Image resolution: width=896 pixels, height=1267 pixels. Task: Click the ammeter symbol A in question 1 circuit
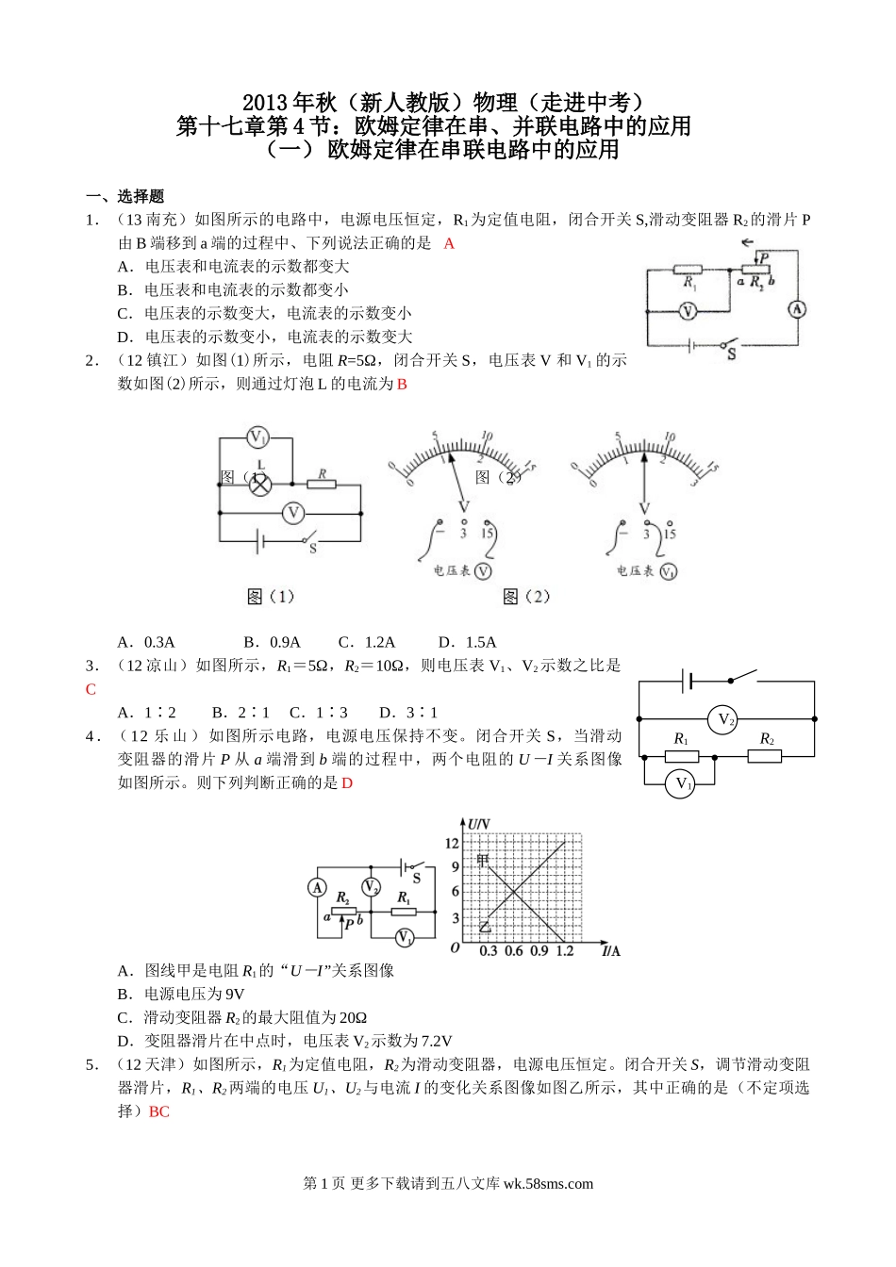797,309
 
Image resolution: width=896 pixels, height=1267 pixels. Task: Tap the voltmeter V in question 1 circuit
688,310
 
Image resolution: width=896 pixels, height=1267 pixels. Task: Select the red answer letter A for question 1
449,243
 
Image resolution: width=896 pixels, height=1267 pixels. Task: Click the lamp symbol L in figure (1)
259,483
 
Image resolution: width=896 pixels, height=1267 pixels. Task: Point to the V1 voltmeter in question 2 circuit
258,437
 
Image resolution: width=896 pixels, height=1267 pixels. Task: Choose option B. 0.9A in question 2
272,642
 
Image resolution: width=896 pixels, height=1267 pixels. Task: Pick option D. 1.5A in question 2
468,642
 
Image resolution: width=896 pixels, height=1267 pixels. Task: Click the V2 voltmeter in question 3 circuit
725,719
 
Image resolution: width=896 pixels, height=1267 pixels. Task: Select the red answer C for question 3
91,689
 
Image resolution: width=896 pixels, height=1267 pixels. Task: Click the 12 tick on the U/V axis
453,843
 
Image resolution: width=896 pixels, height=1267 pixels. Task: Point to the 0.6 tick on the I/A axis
513,951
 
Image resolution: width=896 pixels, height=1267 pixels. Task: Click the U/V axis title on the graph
479,823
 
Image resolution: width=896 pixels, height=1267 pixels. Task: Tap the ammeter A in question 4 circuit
317,888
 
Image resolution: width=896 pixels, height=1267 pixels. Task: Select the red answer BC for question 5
159,1111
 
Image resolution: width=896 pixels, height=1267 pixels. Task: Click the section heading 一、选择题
124,196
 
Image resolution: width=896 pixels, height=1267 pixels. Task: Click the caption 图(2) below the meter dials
526,596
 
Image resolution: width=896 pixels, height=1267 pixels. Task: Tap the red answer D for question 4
346,783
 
